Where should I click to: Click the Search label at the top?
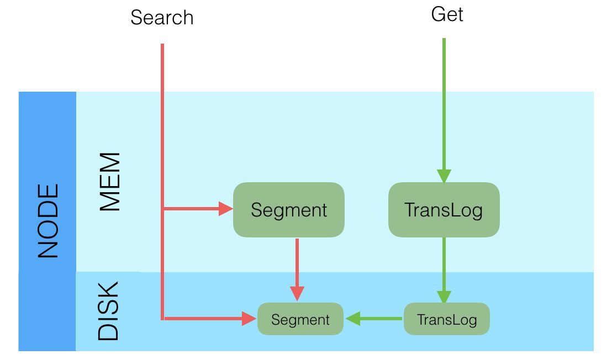(x=162, y=18)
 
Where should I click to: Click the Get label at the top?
(x=447, y=14)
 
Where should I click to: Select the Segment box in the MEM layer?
(x=289, y=210)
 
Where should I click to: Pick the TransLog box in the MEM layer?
(x=444, y=210)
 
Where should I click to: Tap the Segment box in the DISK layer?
(x=300, y=319)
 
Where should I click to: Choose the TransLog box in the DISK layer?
(x=446, y=319)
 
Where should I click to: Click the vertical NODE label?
(x=48, y=221)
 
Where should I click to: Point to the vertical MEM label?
(x=109, y=182)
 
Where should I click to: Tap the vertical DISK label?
(x=108, y=311)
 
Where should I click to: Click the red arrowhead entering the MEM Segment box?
(x=226, y=209)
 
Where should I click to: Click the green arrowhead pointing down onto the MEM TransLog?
(x=444, y=176)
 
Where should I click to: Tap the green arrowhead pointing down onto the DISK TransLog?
(x=444, y=297)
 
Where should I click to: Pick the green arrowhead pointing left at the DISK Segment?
(x=353, y=319)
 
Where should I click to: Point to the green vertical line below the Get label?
(x=444, y=99)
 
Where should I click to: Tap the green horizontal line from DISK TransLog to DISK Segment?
(x=381, y=319)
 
